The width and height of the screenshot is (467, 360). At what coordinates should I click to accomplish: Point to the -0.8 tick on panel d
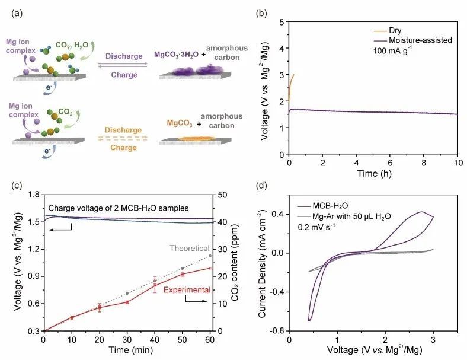click(276, 331)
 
